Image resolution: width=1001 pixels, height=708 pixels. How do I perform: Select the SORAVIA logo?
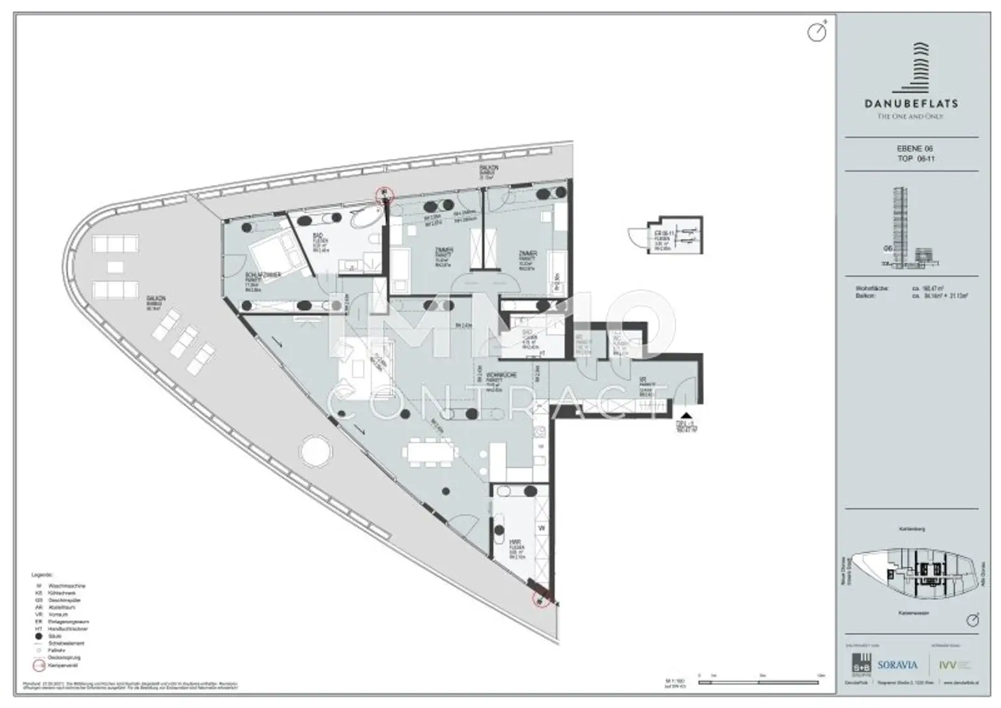(897, 665)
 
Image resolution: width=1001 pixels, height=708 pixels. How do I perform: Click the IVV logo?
(949, 665)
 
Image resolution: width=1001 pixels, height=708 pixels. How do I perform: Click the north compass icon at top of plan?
(817, 31)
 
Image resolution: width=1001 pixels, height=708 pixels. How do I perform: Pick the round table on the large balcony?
(314, 450)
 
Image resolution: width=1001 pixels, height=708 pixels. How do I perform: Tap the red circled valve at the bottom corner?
(540, 600)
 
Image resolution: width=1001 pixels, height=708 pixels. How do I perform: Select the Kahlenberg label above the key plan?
(911, 530)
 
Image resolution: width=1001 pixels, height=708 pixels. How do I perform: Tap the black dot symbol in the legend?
(39, 636)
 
